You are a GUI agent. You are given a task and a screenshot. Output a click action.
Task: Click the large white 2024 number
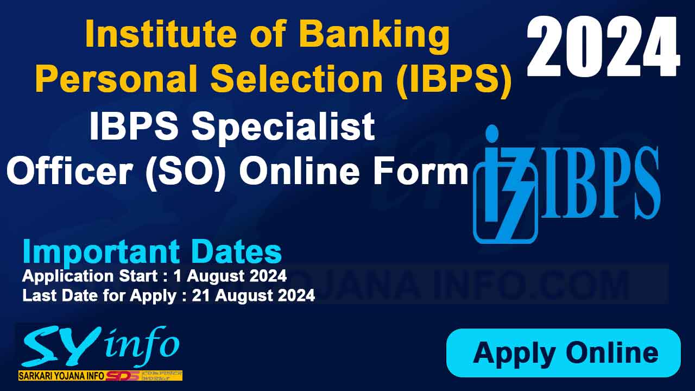tap(603, 48)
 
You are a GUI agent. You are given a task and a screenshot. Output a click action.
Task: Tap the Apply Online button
tap(564, 353)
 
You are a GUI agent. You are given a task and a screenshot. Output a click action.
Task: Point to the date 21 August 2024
tap(254, 295)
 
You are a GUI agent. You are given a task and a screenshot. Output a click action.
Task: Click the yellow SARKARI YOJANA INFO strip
tap(62, 376)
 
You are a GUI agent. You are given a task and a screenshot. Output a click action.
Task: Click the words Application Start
tap(90, 276)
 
